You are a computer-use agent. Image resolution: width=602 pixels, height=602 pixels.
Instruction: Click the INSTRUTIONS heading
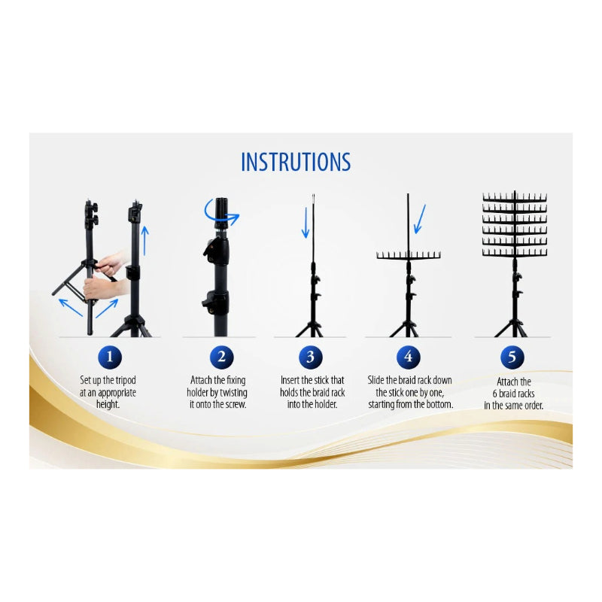(296, 163)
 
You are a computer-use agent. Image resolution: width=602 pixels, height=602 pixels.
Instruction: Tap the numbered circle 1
(111, 357)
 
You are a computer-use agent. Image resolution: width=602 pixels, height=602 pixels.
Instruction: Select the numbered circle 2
(221, 357)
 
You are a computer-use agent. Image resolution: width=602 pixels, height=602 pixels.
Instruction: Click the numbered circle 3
(310, 357)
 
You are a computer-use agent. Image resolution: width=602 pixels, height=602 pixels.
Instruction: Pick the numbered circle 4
(408, 357)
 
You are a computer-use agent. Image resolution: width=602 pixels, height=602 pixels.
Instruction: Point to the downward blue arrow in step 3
(306, 223)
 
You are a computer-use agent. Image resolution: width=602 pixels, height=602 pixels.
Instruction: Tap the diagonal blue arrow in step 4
(420, 219)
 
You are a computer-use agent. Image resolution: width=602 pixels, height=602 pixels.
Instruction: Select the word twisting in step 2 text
(234, 393)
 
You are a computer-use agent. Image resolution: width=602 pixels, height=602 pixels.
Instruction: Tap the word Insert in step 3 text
(291, 381)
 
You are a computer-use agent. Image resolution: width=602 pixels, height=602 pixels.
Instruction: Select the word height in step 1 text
(109, 405)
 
